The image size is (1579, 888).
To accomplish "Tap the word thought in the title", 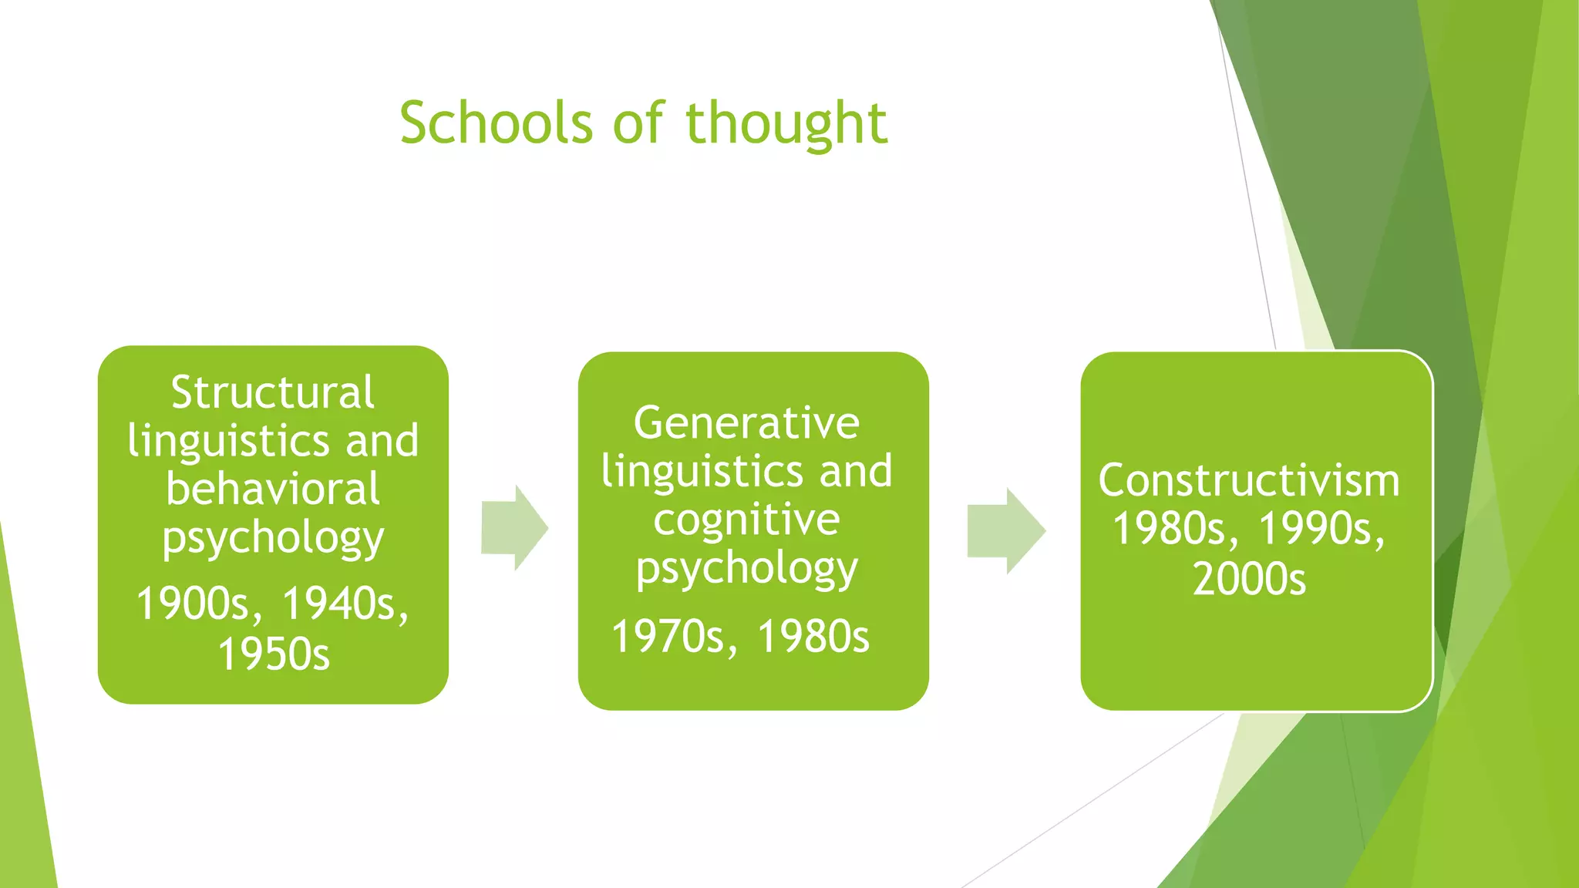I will [786, 123].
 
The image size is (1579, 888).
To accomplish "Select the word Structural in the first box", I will [272, 392].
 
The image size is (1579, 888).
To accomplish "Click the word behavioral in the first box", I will [272, 489].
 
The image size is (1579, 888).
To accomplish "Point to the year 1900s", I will [198, 604].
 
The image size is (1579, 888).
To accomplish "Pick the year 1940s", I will [344, 604].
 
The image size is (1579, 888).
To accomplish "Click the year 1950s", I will [273, 654].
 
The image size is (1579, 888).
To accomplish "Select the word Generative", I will [746, 423].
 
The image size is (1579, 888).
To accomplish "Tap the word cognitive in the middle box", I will [746, 520].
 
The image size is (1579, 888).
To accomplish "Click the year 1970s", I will [668, 637].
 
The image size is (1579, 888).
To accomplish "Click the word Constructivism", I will [1248, 480].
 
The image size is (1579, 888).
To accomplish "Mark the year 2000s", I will [1249, 579].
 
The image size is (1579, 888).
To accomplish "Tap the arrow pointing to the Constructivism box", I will [1005, 530].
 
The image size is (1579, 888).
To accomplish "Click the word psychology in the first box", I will [272, 538].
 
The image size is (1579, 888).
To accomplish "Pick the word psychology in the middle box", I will [746, 569].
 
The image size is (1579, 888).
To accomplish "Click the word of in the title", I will [637, 123].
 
